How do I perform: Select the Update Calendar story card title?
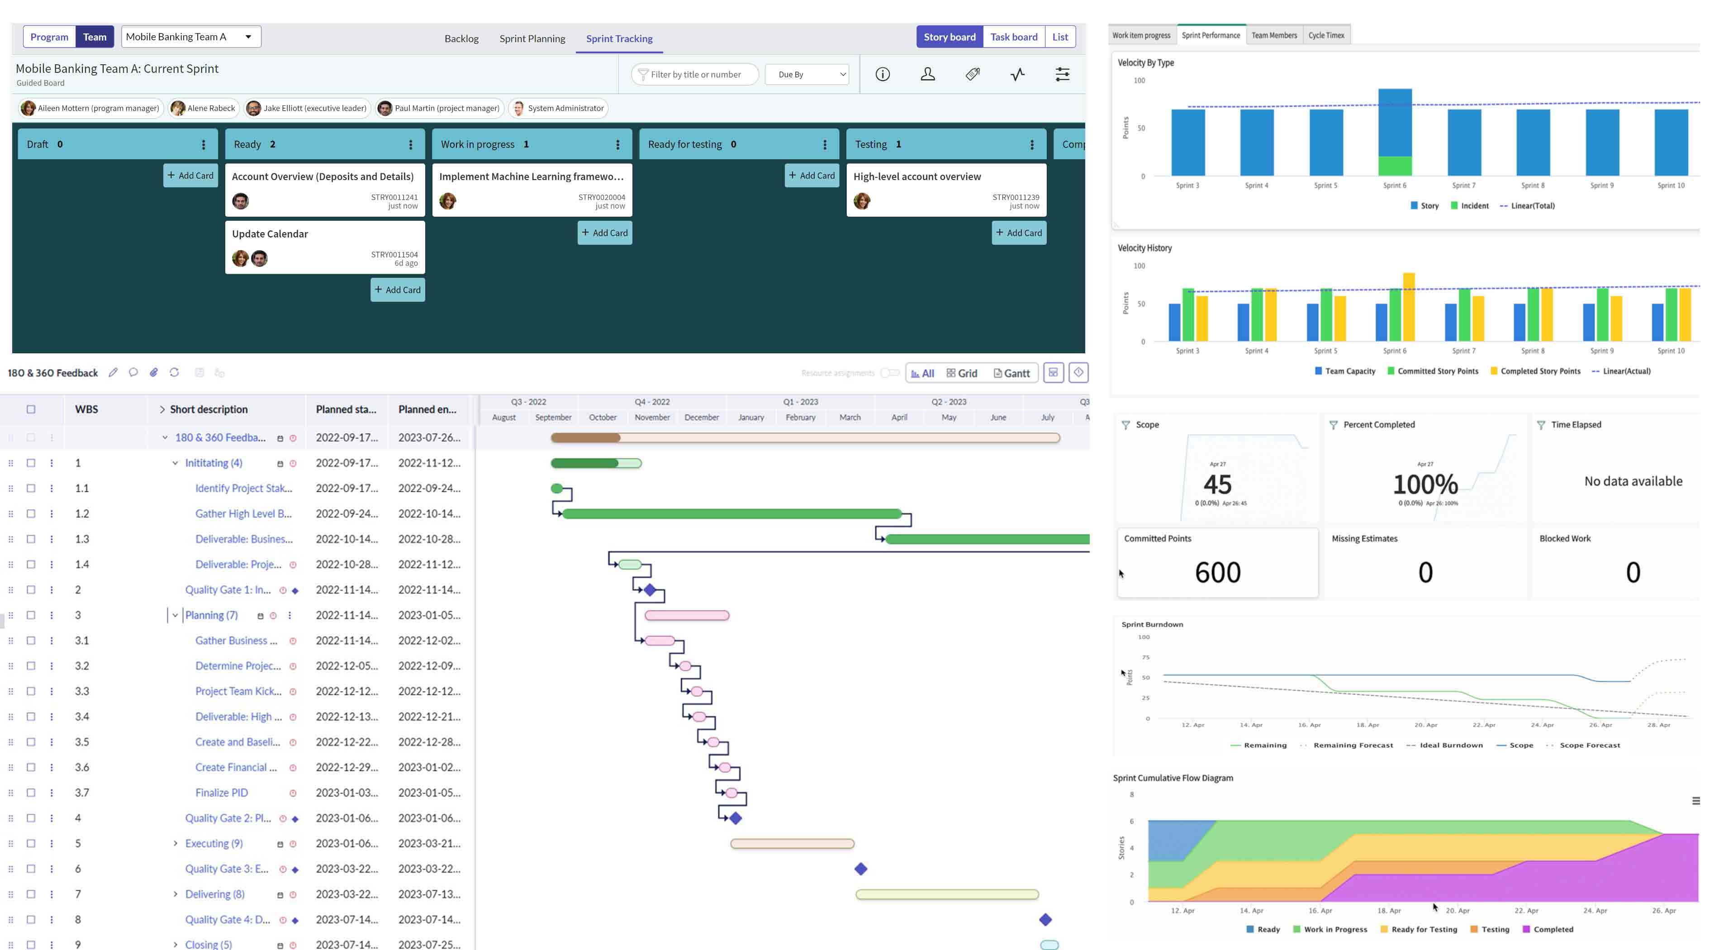pyautogui.click(x=270, y=233)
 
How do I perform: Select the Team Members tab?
pyautogui.click(x=1273, y=35)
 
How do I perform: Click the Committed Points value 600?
pyautogui.click(x=1217, y=572)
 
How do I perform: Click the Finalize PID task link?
pyautogui.click(x=222, y=793)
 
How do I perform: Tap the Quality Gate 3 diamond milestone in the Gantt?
pyautogui.click(x=861, y=869)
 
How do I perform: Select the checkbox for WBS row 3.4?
pyautogui.click(x=31, y=717)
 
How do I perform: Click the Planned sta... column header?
pyautogui.click(x=346, y=409)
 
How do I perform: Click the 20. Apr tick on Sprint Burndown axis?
pyautogui.click(x=1425, y=725)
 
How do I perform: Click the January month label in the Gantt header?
pyautogui.click(x=751, y=418)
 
